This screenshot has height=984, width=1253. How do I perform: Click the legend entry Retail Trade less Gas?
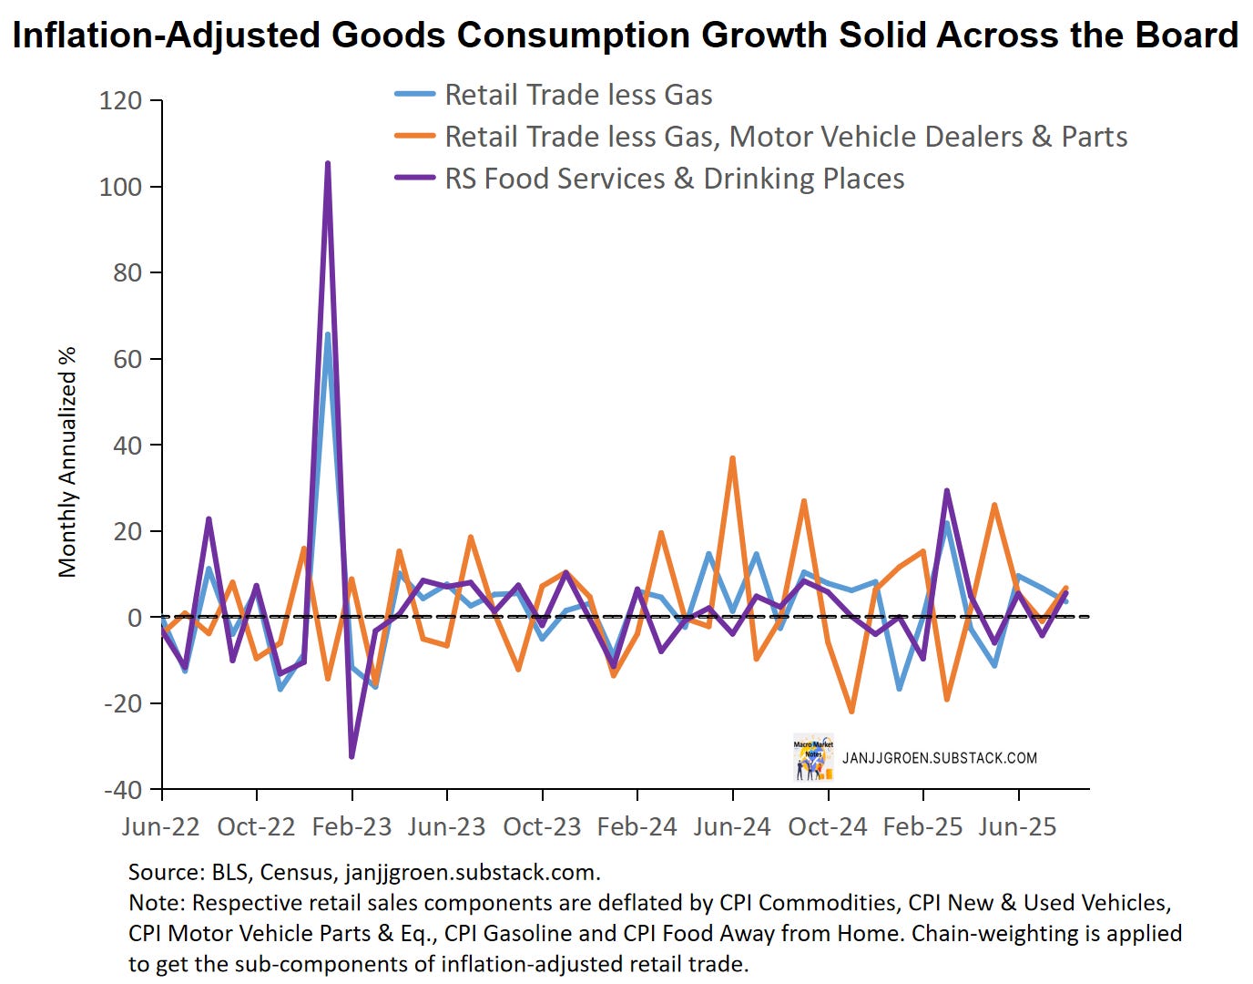(577, 95)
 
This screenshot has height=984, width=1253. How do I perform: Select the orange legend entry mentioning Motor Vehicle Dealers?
(785, 137)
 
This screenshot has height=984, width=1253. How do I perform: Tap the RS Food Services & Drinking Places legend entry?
(674, 179)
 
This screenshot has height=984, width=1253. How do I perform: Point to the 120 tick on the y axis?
(121, 100)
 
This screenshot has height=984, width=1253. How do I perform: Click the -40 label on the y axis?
(122, 790)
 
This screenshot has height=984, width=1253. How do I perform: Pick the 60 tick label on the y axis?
(127, 359)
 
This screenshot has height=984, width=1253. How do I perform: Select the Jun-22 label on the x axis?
(161, 827)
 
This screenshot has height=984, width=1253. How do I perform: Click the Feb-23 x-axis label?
(351, 827)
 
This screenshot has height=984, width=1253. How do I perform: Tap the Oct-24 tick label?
(828, 827)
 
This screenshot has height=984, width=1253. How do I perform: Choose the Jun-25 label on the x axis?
(1018, 827)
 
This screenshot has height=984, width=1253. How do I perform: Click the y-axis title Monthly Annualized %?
(67, 462)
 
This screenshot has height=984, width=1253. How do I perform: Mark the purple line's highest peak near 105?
(328, 164)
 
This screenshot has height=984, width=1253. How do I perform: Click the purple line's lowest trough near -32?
(351, 756)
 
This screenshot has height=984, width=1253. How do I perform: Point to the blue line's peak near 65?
(328, 335)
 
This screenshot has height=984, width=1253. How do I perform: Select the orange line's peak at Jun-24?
(732, 458)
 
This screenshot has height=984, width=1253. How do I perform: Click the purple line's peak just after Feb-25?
(947, 491)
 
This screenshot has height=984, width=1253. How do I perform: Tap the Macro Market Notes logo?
(812, 757)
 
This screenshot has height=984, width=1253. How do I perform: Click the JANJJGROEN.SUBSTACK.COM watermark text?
(939, 758)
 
